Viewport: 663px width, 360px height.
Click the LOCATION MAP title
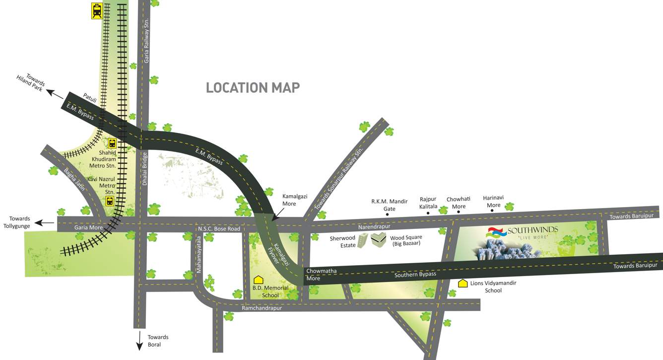point(253,88)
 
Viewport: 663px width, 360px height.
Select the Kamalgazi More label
point(295,200)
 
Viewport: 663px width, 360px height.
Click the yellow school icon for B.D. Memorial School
point(258,280)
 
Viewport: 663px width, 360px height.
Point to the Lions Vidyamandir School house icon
point(463,284)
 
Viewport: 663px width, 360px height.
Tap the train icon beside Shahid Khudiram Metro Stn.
point(112,143)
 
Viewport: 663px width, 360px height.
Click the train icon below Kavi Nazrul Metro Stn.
point(110,201)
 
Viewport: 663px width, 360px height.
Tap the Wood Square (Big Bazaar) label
point(406,241)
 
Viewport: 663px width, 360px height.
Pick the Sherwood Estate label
point(342,241)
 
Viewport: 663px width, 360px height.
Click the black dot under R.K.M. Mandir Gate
point(387,215)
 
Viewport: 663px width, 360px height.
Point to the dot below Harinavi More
point(492,211)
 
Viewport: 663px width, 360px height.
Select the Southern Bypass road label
point(415,275)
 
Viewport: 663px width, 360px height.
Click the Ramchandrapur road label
point(262,308)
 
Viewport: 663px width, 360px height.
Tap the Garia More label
point(88,228)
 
